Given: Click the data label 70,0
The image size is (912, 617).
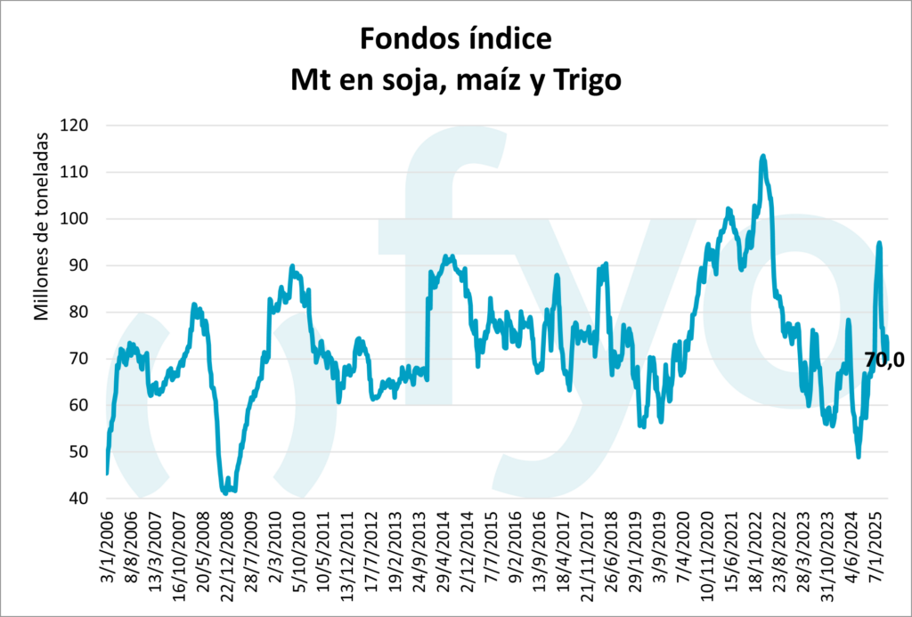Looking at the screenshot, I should pyautogui.click(x=883, y=361).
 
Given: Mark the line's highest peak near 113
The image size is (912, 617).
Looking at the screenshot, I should pyautogui.click(x=763, y=157).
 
